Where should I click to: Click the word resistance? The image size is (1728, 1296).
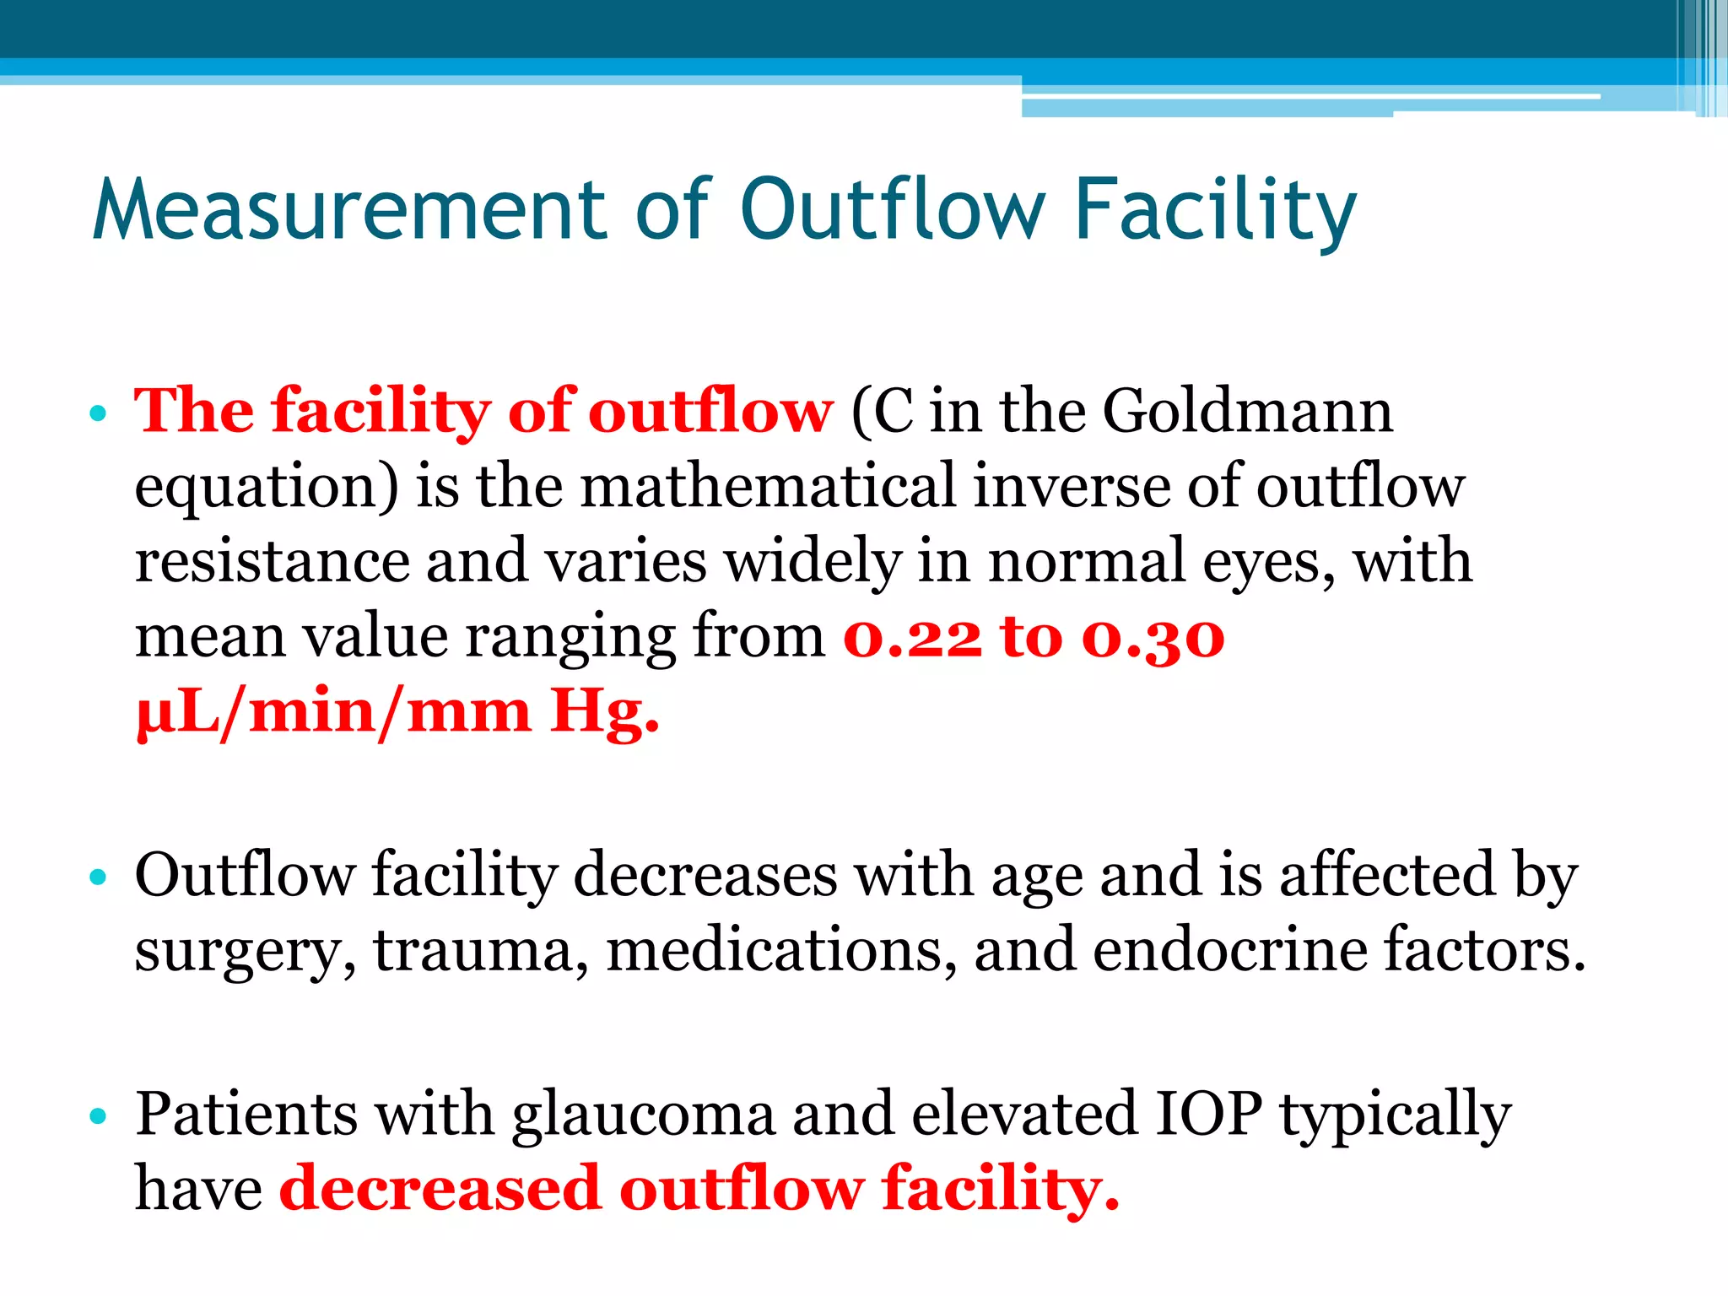(x=272, y=562)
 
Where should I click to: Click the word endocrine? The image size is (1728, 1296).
(x=1229, y=950)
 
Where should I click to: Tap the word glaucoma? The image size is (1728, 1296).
(x=643, y=1115)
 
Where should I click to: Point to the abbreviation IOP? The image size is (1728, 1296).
(x=1208, y=1113)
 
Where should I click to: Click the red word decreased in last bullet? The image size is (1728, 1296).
(x=440, y=1188)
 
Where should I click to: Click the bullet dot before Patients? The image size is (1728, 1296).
(x=99, y=1116)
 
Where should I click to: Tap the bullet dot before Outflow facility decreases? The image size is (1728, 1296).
(x=99, y=877)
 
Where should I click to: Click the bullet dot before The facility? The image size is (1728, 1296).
(x=99, y=413)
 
